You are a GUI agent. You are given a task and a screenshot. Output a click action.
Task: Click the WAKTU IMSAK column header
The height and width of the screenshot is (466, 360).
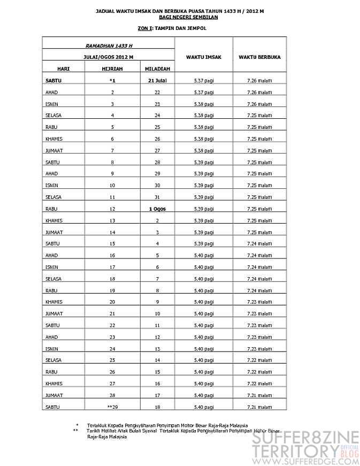point(204,57)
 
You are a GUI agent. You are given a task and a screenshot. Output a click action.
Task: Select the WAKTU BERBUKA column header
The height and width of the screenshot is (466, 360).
point(259,57)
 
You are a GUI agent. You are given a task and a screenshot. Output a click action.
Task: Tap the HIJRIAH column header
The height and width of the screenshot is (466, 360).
point(112,69)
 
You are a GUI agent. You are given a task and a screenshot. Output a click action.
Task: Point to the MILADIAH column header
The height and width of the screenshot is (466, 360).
point(157,69)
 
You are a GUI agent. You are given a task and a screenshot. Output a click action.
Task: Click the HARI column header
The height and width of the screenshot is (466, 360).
point(63,69)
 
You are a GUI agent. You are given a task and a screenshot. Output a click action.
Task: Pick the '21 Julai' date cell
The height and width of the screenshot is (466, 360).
point(157,81)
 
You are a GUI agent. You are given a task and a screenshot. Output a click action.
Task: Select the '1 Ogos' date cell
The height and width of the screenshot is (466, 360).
point(157,209)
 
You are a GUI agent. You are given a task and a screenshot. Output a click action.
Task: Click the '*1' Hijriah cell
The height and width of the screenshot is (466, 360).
point(112,81)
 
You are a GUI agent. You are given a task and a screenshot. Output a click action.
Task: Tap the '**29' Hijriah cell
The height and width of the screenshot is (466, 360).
point(112,407)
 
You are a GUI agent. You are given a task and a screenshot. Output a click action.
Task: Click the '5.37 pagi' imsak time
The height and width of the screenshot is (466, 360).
point(204,81)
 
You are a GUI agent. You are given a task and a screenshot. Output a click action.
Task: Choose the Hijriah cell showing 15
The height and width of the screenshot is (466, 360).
point(112,243)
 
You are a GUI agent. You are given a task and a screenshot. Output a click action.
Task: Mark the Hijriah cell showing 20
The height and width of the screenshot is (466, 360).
point(112,302)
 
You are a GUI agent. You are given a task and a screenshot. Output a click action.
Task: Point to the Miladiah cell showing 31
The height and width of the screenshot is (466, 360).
point(157,197)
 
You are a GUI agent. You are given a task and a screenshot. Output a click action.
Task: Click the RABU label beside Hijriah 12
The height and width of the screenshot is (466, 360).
point(51,209)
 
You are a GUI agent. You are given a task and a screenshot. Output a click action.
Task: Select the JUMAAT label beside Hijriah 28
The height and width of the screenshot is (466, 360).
point(54,395)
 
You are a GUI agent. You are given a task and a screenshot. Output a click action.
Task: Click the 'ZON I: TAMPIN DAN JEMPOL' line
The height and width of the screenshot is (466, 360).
point(171,28)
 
